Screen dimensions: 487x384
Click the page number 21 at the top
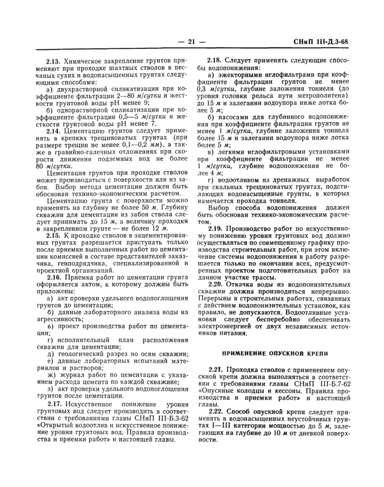(x=191, y=41)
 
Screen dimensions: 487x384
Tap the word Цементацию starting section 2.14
(x=88, y=132)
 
